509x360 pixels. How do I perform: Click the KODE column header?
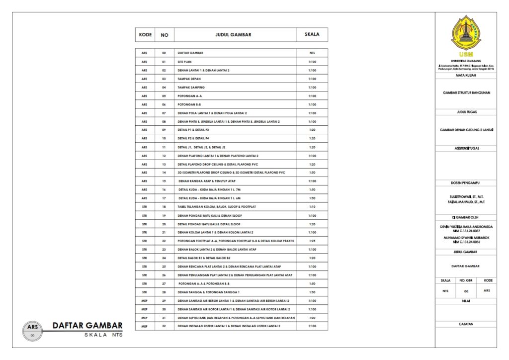point(145,35)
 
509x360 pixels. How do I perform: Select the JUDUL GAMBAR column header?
point(233,35)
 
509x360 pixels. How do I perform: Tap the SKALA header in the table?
point(312,35)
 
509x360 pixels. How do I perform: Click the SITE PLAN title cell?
point(184,62)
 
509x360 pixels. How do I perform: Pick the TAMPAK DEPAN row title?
point(187,79)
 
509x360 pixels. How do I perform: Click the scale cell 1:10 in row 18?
point(312,206)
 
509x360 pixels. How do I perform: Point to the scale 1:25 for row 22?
point(312,241)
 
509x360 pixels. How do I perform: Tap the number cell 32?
point(164,326)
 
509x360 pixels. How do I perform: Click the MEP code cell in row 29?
point(145,300)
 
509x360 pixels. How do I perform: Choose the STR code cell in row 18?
point(145,206)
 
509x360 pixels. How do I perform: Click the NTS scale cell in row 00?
point(312,53)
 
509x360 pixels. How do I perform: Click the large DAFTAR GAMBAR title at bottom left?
point(87,326)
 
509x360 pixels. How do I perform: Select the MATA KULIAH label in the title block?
point(466,75)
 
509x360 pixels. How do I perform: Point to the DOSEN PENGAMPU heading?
point(466,182)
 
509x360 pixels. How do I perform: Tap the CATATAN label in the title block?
point(466,324)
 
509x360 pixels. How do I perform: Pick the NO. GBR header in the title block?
point(466,280)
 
